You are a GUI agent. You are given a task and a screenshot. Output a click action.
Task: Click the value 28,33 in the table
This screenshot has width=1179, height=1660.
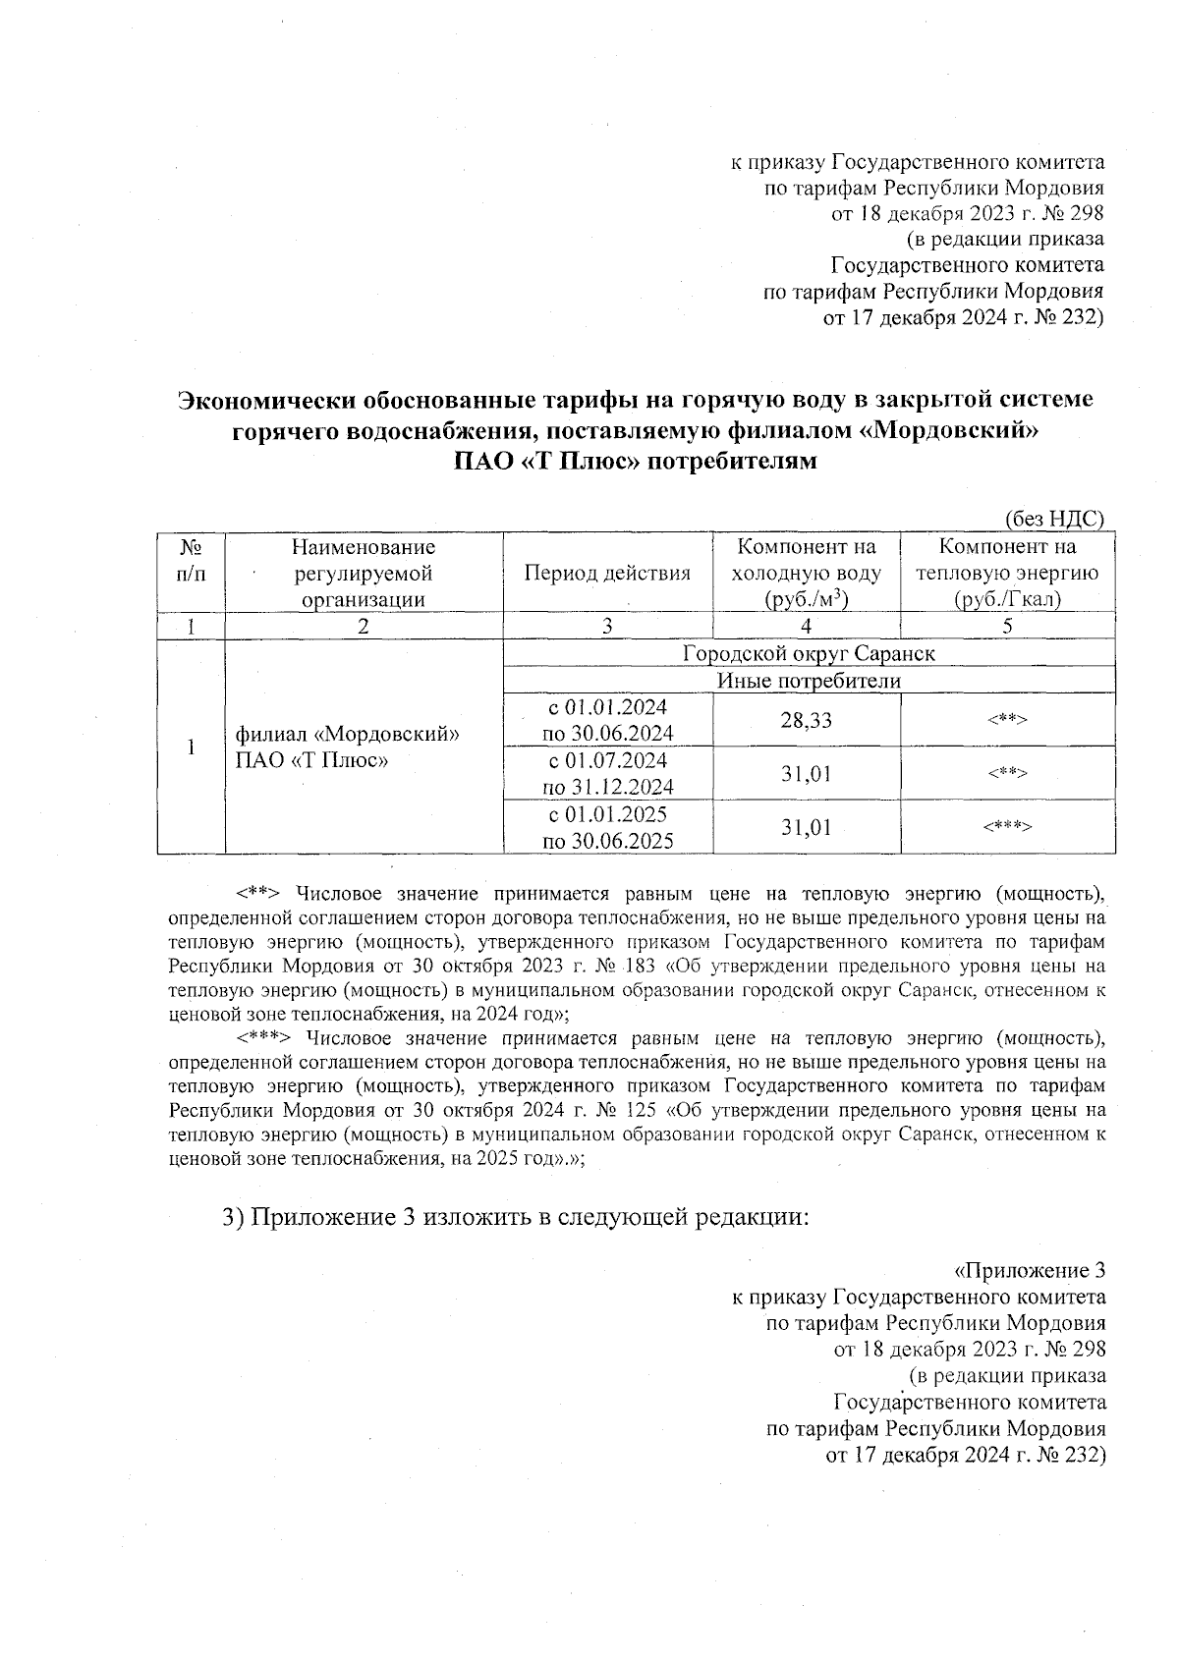[806, 720]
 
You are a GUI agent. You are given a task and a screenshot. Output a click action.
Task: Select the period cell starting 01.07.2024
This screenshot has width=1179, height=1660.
[607, 773]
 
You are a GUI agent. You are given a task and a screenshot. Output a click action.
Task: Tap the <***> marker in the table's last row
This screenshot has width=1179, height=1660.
[1007, 827]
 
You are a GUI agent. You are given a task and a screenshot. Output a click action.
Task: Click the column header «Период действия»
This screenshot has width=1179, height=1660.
[607, 574]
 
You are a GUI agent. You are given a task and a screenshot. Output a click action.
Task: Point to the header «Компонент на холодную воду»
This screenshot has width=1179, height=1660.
[806, 574]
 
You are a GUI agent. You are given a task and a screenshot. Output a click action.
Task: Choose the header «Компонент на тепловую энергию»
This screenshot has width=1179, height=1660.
[1007, 574]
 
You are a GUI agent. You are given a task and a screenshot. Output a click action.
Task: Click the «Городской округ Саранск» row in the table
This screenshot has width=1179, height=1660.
[809, 653]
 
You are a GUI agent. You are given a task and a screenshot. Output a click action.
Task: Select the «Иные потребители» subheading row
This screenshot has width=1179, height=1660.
[809, 680]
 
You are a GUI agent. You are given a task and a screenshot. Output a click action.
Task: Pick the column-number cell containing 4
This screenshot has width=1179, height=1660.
[806, 627]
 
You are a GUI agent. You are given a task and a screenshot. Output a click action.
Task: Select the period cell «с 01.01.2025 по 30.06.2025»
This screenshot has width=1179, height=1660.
[607, 827]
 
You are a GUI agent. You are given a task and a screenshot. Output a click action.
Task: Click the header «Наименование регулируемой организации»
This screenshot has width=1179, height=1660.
[364, 574]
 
